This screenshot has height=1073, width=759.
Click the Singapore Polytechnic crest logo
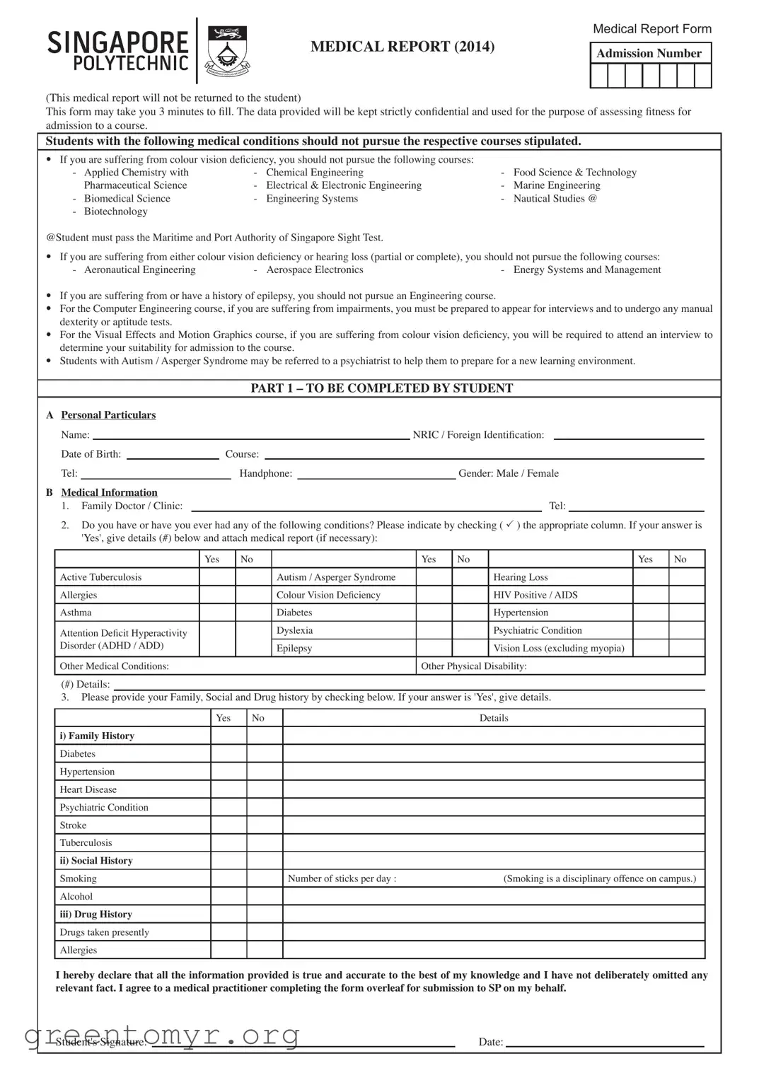tap(228, 51)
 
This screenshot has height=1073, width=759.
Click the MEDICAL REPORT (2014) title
tap(402, 47)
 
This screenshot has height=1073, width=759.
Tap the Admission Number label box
tap(650, 53)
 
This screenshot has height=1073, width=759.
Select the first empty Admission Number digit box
tap(599, 76)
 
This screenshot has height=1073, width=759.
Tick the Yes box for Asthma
tap(217, 613)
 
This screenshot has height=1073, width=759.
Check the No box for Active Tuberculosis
tap(253, 577)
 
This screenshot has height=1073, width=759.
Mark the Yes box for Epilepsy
tap(434, 648)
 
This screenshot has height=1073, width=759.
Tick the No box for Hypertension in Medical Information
tap(686, 613)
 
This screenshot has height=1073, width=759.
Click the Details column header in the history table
tap(494, 718)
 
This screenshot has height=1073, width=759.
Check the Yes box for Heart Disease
tap(228, 789)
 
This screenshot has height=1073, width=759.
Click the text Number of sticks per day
tap(342, 878)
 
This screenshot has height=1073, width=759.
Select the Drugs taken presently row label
tap(105, 932)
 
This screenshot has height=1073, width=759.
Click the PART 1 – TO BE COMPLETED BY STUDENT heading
tap(382, 388)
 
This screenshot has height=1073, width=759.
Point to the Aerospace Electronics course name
tap(315, 269)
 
